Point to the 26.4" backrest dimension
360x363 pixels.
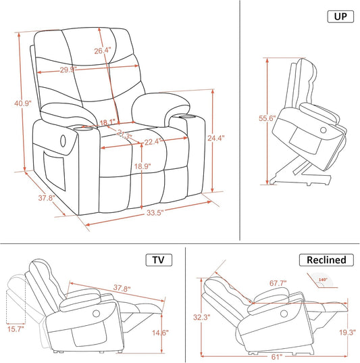(x=102, y=51)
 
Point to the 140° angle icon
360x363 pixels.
(x=319, y=279)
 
